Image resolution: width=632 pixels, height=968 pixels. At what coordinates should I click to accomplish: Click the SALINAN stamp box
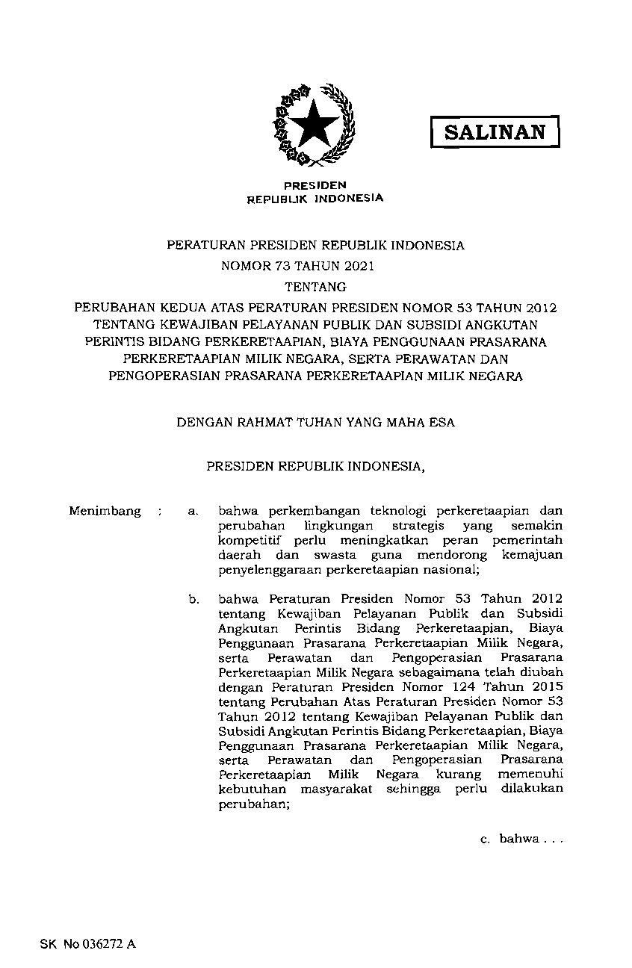(495, 132)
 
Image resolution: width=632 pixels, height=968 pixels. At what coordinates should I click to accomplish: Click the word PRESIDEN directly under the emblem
(315, 184)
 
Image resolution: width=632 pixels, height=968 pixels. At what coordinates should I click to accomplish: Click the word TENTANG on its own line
(315, 286)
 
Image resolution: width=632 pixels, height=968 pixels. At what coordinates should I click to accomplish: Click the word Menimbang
(105, 511)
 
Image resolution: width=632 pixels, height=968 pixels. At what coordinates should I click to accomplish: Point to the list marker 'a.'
(193, 511)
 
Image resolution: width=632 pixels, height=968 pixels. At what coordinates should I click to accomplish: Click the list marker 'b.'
(193, 598)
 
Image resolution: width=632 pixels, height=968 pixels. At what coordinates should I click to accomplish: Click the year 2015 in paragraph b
(549, 686)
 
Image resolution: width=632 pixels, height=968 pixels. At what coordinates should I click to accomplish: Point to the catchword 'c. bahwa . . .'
(519, 839)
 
